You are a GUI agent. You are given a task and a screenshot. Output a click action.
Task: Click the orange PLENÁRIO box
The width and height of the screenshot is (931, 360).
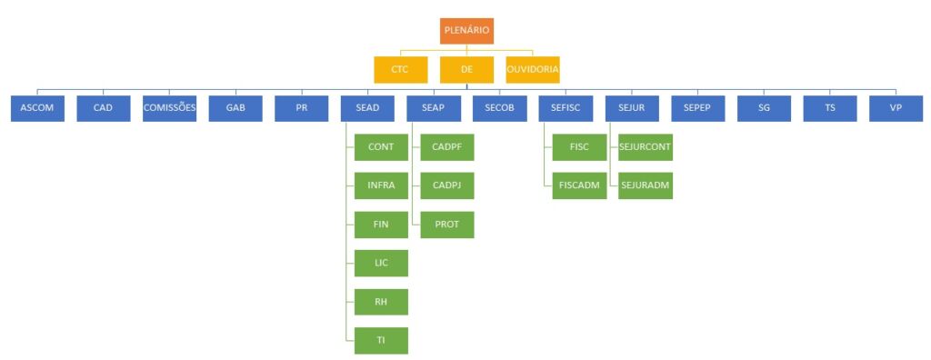466,31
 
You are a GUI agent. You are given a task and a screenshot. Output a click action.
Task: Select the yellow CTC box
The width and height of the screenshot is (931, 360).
400,69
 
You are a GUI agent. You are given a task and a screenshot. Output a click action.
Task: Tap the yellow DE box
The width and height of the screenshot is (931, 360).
466,69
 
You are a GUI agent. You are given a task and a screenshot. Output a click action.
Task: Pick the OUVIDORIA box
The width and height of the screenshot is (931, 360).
533,69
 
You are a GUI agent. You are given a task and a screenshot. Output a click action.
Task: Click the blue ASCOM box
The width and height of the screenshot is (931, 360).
37,109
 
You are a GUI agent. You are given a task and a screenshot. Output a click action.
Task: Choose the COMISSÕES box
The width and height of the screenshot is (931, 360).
169,109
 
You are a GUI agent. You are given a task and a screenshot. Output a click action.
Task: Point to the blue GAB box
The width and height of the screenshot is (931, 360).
235,109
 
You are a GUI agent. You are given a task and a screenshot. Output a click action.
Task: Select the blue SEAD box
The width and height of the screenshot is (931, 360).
367,109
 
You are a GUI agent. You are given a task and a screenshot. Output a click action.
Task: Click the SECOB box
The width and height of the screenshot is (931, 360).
500,109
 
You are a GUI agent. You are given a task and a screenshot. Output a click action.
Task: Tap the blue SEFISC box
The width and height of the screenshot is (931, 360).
566,109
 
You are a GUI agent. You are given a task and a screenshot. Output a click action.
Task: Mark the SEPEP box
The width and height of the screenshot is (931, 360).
697,109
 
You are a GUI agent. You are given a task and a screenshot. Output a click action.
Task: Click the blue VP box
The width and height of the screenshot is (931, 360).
896,109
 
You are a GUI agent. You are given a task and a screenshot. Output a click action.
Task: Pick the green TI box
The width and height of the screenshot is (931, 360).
381,340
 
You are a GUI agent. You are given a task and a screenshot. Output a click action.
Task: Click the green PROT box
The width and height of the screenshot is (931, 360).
447,225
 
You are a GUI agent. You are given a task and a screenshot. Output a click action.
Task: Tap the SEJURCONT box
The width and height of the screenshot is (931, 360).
646,147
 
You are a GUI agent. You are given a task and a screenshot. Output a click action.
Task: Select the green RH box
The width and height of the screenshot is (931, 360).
381,302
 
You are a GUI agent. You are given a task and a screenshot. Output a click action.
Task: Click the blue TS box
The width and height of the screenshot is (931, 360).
830,109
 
